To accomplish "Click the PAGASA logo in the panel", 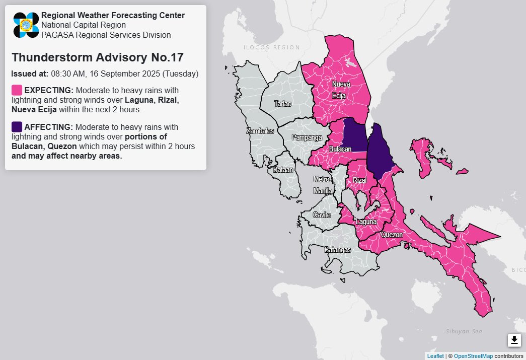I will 26,25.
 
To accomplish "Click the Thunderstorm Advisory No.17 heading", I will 97,57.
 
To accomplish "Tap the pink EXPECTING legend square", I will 17,90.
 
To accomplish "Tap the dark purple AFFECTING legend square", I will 17,126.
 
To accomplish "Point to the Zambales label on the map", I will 260,131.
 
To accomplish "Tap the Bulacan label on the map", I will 340,150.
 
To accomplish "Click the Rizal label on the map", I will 360,180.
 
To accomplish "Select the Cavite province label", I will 322,215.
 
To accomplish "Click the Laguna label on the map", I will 366,222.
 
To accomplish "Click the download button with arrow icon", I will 514,340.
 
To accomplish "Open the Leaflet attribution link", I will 435,356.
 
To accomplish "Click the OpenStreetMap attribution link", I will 473,356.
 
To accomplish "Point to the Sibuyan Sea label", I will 464,331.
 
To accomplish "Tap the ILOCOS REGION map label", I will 271,47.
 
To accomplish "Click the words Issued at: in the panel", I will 30,74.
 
